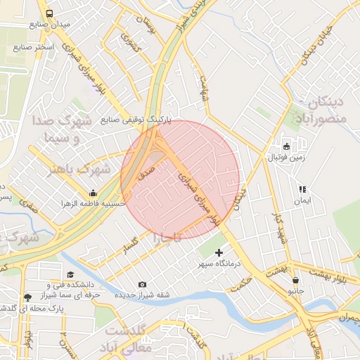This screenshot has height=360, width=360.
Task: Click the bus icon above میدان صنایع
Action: tap(49, 13)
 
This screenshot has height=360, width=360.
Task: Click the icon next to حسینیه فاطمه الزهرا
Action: tap(93, 193)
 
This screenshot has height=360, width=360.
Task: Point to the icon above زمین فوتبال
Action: tap(286, 146)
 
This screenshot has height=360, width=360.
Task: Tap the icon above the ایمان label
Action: tap(302, 189)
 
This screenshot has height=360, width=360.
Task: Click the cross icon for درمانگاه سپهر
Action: tap(219, 252)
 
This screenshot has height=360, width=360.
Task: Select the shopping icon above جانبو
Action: tap(295, 279)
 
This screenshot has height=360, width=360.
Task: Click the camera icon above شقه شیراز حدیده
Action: tap(143, 284)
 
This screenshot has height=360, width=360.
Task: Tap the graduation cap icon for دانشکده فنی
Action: tap(70, 275)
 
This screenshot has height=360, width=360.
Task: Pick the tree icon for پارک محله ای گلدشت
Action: tap(27, 297)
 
